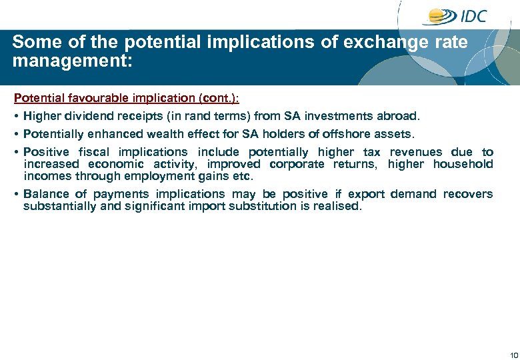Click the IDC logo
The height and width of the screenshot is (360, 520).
tap(458, 17)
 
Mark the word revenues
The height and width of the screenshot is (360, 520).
tap(415, 152)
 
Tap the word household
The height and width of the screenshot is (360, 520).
tap(463, 164)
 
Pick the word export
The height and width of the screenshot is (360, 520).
tap(366, 194)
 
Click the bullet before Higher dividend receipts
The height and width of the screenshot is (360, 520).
tap(16, 116)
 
